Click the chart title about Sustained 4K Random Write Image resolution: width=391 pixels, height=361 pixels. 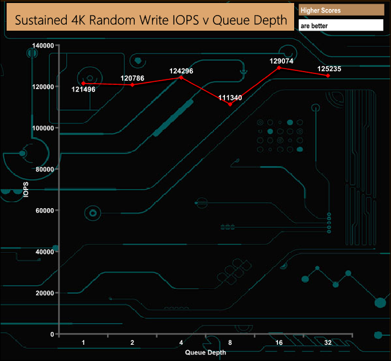pos(150,20)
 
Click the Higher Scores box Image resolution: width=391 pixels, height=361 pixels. pos(341,10)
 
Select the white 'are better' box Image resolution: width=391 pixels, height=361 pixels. pos(341,26)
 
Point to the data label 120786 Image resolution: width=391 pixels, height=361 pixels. pos(132,78)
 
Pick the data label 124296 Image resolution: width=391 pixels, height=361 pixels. pos(181,70)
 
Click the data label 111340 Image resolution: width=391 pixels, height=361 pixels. pos(230,97)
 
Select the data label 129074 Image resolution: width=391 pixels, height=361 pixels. pos(279,61)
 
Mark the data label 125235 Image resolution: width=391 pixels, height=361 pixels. pos(328,69)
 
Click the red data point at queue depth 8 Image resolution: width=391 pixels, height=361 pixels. pos(230,105)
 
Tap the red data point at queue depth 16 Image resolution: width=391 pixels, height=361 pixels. pos(279,67)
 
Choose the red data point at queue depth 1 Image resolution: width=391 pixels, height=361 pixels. pos(83,83)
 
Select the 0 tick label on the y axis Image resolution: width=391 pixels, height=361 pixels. pos(52,334)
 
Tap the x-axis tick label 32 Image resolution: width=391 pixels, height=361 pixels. pos(328,342)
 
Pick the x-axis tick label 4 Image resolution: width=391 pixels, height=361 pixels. pos(181,342)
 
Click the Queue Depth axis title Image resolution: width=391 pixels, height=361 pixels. pos(206,353)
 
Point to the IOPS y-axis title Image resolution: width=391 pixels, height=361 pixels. pos(26,190)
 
